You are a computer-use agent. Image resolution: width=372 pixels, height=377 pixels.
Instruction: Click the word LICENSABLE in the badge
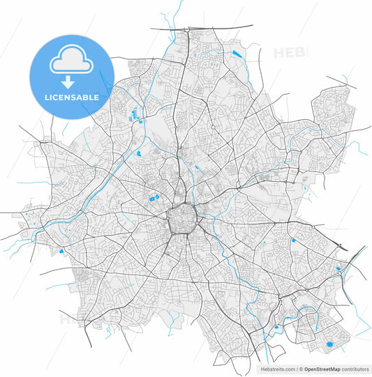(72, 98)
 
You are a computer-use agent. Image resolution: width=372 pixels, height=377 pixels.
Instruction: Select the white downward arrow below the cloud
(72, 80)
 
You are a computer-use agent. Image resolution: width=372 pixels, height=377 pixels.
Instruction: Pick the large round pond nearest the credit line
(329, 344)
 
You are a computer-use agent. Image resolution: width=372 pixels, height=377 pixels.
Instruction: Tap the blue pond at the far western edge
(61, 251)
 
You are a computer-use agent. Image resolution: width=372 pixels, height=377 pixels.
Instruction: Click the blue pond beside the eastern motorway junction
(339, 268)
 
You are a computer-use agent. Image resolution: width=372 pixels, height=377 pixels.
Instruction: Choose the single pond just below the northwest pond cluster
(139, 153)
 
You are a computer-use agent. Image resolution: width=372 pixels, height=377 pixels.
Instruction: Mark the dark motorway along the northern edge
(202, 27)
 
